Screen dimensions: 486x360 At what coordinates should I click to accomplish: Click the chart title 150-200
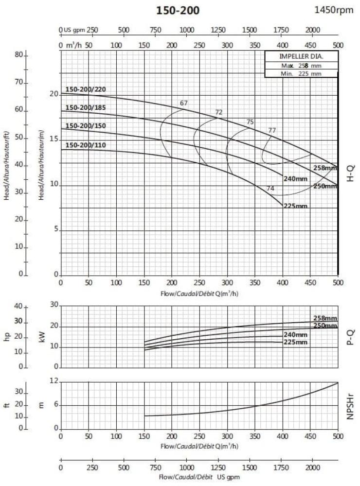tap(178, 11)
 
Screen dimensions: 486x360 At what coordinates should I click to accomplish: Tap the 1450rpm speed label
tap(334, 10)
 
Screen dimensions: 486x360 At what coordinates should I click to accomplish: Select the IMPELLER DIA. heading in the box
tap(301, 56)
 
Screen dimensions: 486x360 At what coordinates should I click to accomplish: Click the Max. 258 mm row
tap(301, 65)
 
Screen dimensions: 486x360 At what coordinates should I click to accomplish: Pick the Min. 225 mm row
tap(301, 73)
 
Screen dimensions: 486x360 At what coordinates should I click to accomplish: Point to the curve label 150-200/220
tap(86, 89)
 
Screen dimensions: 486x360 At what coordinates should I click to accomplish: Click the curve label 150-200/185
tap(86, 107)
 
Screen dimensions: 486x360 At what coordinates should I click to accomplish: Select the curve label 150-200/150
tap(86, 126)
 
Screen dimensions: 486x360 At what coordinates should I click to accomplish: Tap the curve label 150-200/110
tap(86, 145)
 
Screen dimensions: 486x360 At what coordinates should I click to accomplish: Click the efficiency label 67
tap(183, 103)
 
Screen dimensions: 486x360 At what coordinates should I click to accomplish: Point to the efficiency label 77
tap(272, 130)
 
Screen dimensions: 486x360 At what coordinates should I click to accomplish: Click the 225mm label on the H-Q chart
tap(295, 206)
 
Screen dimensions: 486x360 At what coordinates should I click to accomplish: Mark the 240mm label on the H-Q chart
tap(295, 178)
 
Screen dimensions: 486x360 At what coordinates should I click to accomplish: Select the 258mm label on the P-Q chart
tap(325, 318)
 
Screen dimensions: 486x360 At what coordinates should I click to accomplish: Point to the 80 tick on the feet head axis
tap(19, 55)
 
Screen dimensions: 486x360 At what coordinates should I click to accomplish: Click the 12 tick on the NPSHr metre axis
tap(54, 382)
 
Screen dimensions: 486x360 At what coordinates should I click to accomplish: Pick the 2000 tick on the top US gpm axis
tap(312, 30)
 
